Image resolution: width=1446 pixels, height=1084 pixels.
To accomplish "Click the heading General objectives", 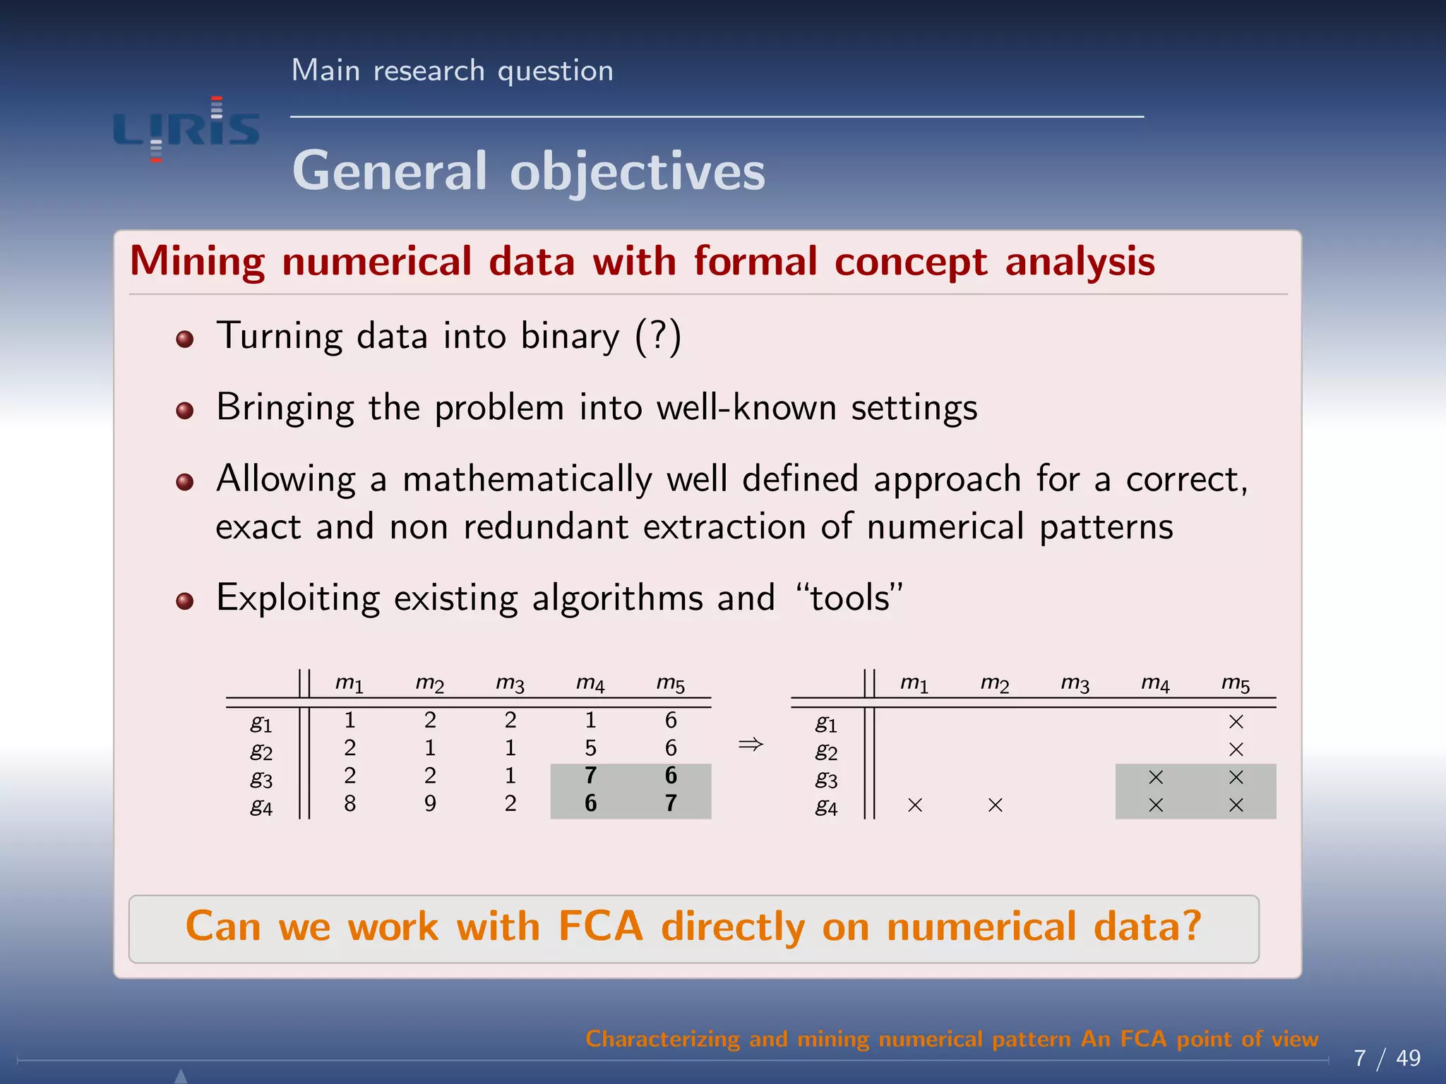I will click(528, 171).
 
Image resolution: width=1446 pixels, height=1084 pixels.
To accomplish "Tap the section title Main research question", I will click(452, 71).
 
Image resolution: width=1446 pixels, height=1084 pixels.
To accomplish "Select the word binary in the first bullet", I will click(570, 336).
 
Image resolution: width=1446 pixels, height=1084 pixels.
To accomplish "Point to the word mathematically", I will click(527, 479).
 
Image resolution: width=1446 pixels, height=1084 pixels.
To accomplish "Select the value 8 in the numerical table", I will click(349, 803).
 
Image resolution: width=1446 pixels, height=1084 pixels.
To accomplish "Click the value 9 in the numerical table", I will click(430, 803).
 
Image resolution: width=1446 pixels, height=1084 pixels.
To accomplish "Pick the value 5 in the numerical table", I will click(590, 747).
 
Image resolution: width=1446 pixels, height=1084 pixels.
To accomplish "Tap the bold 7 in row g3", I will click(590, 776).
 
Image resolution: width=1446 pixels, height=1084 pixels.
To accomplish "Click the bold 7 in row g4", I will click(671, 803).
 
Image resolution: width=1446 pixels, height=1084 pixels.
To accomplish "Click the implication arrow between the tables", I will click(751, 744).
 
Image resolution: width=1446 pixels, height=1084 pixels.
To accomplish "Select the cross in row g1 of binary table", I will click(1236, 721).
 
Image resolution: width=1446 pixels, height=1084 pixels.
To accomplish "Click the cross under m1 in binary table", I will click(915, 805).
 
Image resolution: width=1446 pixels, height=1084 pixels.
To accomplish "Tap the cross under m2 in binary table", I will click(996, 805).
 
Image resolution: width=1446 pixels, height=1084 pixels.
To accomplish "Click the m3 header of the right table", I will click(1075, 684).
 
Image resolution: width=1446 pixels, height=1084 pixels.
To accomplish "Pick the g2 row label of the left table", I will click(261, 751).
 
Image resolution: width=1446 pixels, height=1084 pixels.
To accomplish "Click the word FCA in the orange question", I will click(600, 926).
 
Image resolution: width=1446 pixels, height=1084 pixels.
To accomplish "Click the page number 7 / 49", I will click(1387, 1058).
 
